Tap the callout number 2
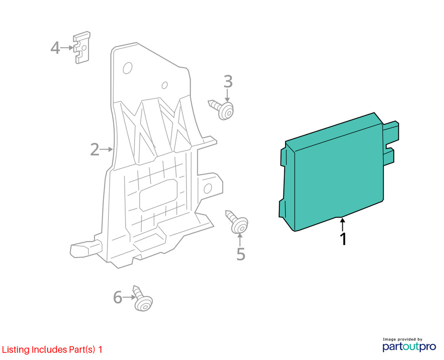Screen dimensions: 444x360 95,149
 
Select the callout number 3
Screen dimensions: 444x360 228,81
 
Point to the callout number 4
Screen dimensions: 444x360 55,48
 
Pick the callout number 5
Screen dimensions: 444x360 241,254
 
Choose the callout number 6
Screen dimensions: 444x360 118,297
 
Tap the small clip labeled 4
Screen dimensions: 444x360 82,48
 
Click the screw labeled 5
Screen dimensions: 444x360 237,222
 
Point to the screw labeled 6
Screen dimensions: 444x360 143,299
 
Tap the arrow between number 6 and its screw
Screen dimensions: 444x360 129,297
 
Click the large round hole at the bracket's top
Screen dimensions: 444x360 128,68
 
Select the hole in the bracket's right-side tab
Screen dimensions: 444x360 208,188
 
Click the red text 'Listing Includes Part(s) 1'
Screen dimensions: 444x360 52,349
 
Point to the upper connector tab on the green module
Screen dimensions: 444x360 391,131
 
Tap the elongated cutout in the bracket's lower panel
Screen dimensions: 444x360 159,195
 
